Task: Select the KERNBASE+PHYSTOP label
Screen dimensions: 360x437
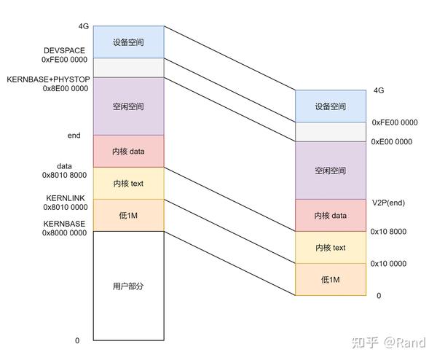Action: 47,78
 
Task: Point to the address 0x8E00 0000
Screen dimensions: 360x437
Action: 65,88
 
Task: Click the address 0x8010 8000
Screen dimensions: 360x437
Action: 65,176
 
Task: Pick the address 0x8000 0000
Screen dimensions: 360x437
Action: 64,232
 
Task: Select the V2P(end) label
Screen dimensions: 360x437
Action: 387,202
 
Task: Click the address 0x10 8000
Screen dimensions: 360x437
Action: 388,232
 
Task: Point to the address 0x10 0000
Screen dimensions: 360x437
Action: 388,263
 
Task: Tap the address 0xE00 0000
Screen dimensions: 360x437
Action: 392,141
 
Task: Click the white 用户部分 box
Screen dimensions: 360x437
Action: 128,286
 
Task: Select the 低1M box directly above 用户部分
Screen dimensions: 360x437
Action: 128,215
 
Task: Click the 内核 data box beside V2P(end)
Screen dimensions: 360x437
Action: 331,215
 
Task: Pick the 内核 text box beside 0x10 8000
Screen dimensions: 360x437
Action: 331,248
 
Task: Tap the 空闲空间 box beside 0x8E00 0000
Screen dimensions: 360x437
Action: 128,106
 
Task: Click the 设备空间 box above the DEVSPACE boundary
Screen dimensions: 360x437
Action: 128,42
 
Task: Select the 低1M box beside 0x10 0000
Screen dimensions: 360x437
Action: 331,279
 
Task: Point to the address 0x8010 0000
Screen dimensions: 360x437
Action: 65,207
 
